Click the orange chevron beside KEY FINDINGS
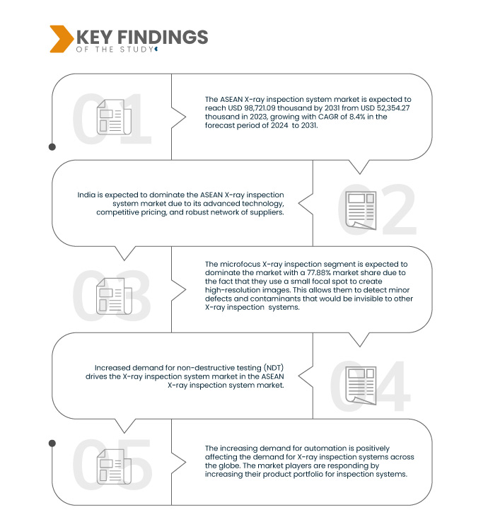(61, 39)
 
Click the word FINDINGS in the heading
(163, 37)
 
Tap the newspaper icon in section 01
(114, 117)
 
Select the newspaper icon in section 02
(361, 211)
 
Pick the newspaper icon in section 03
(114, 296)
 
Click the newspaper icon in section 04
(361, 386)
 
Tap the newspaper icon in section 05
(114, 466)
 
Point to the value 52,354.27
(393, 108)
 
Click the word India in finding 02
(86, 195)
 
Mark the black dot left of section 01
(52, 147)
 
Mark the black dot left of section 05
(52, 444)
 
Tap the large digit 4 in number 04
(392, 386)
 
